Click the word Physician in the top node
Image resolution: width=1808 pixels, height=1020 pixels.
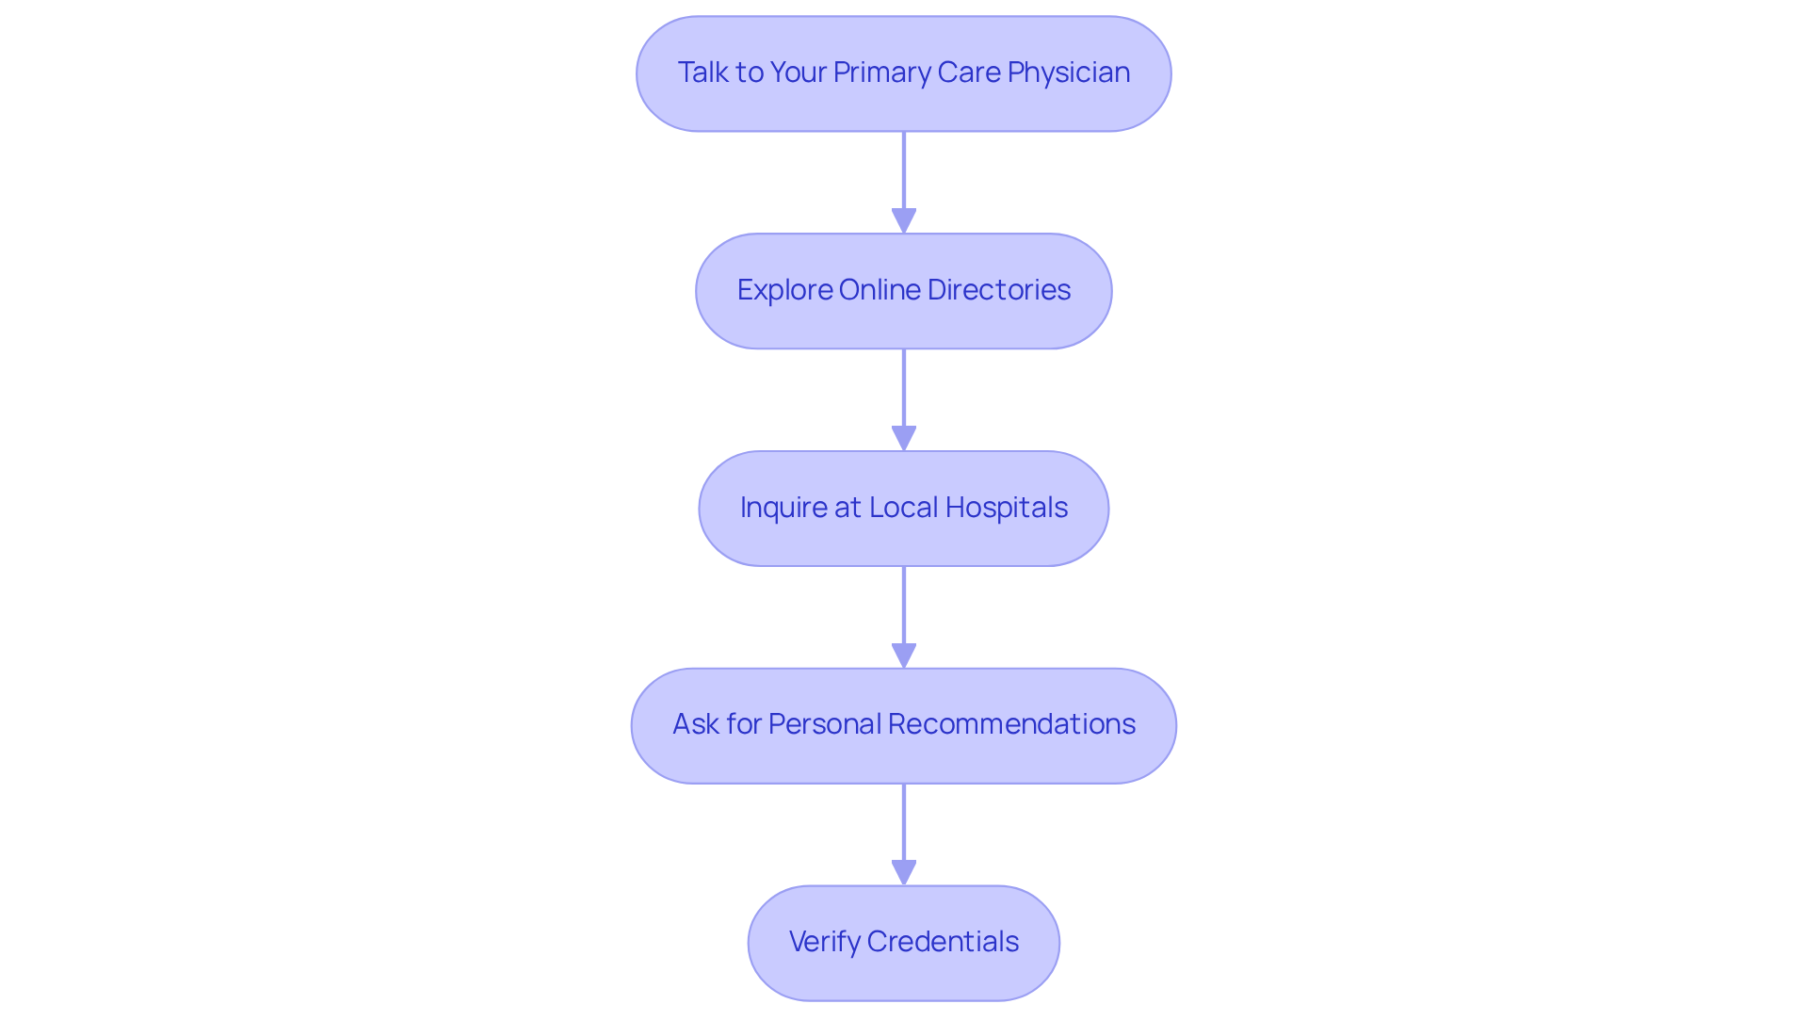[x=1068, y=73]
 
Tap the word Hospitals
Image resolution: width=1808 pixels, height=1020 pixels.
[x=1006, y=508]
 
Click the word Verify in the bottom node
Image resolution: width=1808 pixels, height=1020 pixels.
[x=824, y=942]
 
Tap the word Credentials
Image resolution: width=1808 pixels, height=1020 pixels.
[x=943, y=942]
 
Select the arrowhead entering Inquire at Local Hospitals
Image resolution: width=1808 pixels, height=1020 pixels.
[x=904, y=438]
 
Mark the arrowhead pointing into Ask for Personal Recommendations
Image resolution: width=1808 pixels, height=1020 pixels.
[x=904, y=656]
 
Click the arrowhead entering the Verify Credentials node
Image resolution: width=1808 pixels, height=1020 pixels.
[x=904, y=872]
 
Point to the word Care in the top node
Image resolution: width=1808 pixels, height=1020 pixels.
[x=972, y=73]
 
